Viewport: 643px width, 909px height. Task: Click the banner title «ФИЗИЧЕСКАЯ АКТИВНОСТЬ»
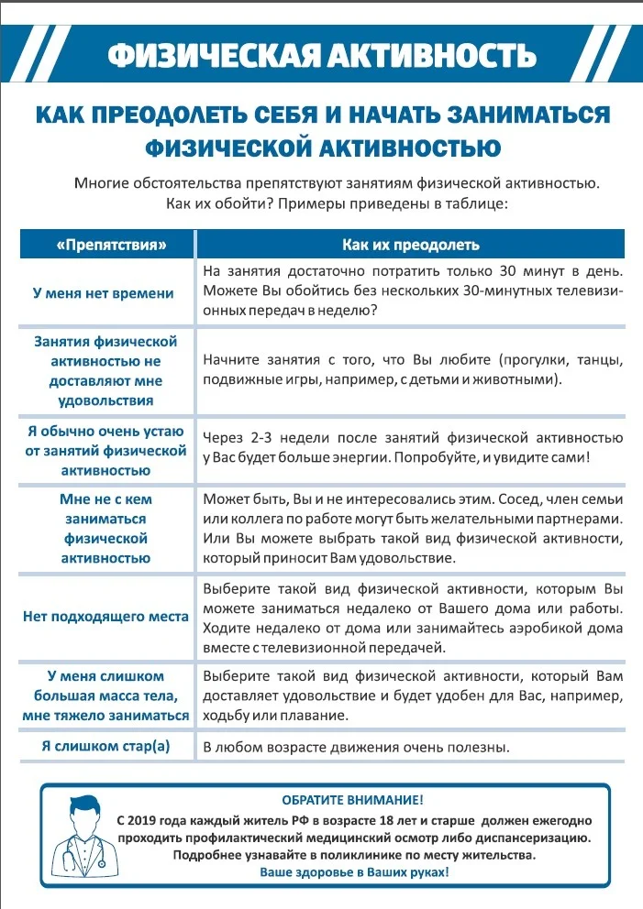(320, 54)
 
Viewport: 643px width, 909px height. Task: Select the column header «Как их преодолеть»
(410, 245)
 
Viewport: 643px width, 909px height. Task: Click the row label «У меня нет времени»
(103, 293)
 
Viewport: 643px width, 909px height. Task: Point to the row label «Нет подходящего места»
(105, 616)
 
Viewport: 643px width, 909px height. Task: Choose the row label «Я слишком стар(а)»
(105, 746)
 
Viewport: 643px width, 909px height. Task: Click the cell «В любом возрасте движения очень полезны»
(356, 747)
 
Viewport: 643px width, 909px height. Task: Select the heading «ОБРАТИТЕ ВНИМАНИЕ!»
(352, 800)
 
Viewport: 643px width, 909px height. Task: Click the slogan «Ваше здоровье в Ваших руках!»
(353, 872)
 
